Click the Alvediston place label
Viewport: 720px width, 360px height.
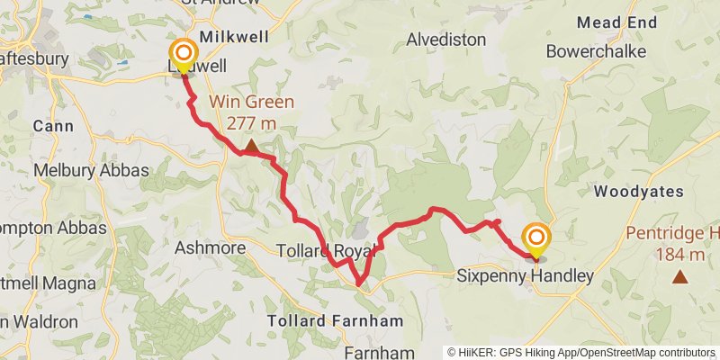pyautogui.click(x=446, y=40)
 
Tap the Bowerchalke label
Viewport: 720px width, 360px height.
pyautogui.click(x=596, y=51)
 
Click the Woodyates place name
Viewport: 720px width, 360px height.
pyautogui.click(x=639, y=192)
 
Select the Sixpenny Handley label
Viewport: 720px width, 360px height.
pyautogui.click(x=526, y=275)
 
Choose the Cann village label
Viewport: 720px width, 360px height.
pyautogui.click(x=53, y=127)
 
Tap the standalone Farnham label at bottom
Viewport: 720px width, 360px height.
pyautogui.click(x=378, y=352)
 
